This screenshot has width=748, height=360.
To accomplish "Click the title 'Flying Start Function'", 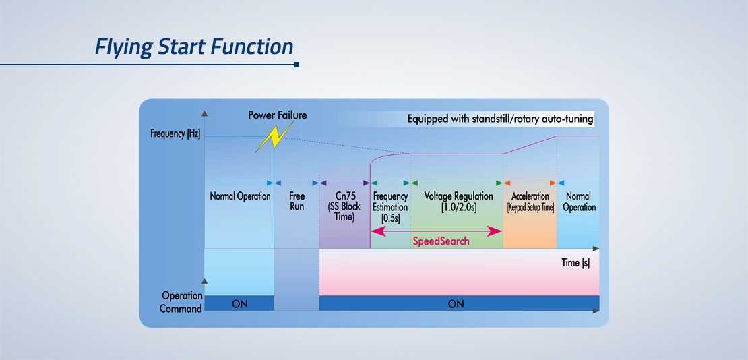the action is [193, 47].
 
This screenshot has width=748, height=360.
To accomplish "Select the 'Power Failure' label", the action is [277, 115].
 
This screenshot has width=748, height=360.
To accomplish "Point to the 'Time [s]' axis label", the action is [575, 263].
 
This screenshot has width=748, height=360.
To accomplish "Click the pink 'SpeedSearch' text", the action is [440, 241].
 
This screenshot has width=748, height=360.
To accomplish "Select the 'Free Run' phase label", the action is [297, 201].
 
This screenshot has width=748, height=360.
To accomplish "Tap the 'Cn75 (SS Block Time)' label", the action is [344, 207].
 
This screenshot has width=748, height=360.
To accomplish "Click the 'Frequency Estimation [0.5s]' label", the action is [390, 207].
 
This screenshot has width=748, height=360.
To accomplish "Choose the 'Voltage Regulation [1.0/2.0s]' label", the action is [458, 202].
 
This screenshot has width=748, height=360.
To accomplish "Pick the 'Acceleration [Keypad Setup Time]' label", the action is [530, 202].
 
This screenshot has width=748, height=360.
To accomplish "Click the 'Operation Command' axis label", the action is [181, 302].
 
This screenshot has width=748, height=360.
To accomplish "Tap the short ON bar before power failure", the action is [239, 303].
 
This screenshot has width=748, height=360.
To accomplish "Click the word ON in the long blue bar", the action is [456, 303].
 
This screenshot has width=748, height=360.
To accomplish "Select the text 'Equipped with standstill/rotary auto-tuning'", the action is [500, 119].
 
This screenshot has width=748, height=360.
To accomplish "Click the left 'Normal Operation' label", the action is [240, 196].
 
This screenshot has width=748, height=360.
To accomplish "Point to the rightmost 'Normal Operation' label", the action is [579, 202].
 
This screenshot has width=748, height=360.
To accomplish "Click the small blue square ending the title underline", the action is [297, 65].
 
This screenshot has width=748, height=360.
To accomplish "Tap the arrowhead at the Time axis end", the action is [596, 249].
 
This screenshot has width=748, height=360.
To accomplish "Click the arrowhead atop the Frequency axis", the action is [205, 114].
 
